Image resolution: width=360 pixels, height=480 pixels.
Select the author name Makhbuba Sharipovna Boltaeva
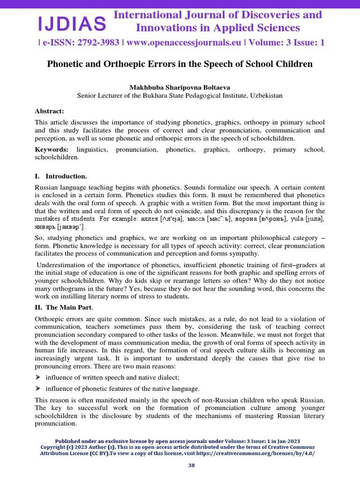click(180, 87)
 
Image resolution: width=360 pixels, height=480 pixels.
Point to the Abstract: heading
click(50, 111)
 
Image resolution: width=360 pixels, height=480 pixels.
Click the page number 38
click(180, 465)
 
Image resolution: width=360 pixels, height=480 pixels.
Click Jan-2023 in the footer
click(286, 442)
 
